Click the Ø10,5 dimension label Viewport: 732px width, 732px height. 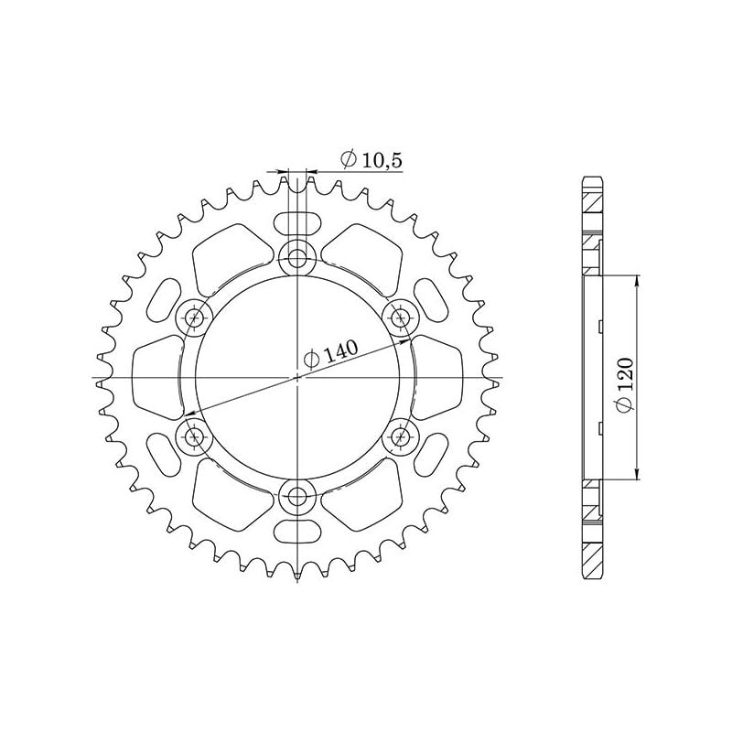click(x=371, y=160)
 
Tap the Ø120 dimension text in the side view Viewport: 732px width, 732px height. click(x=624, y=390)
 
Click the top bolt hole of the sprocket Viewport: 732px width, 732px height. click(x=297, y=258)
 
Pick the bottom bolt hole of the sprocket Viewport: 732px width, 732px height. click(x=297, y=498)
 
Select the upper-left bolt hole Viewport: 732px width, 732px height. click(x=194, y=318)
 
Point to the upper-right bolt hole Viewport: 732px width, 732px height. click(x=401, y=318)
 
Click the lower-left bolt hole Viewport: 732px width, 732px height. click(x=194, y=437)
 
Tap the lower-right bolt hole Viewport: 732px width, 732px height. click(x=401, y=437)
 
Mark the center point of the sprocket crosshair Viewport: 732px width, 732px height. click(x=297, y=377)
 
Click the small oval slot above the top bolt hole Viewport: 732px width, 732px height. click(x=297, y=223)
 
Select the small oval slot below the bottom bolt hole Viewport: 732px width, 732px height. click(x=297, y=533)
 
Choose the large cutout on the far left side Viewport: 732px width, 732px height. click(x=157, y=377)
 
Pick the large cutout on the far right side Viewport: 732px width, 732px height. click(x=436, y=377)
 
